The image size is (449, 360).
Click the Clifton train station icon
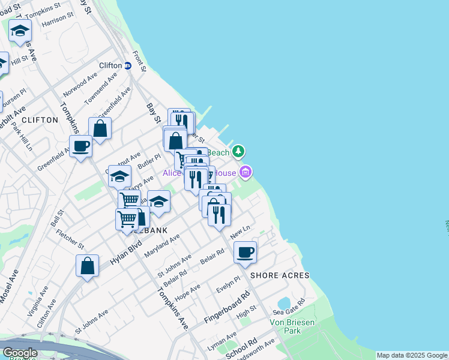coord(128,65)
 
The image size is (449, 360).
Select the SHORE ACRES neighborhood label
coord(280,275)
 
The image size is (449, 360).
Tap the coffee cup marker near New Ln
coord(245,253)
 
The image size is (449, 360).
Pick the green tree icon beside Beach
coord(239,151)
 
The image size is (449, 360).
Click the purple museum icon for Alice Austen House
coord(245,173)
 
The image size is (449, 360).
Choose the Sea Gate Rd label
coord(289,308)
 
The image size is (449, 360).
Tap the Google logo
coord(20,353)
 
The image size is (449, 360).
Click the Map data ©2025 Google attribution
coord(411,355)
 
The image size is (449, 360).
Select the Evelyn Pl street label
coord(228,284)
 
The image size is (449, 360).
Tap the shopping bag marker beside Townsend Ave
coord(100,128)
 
